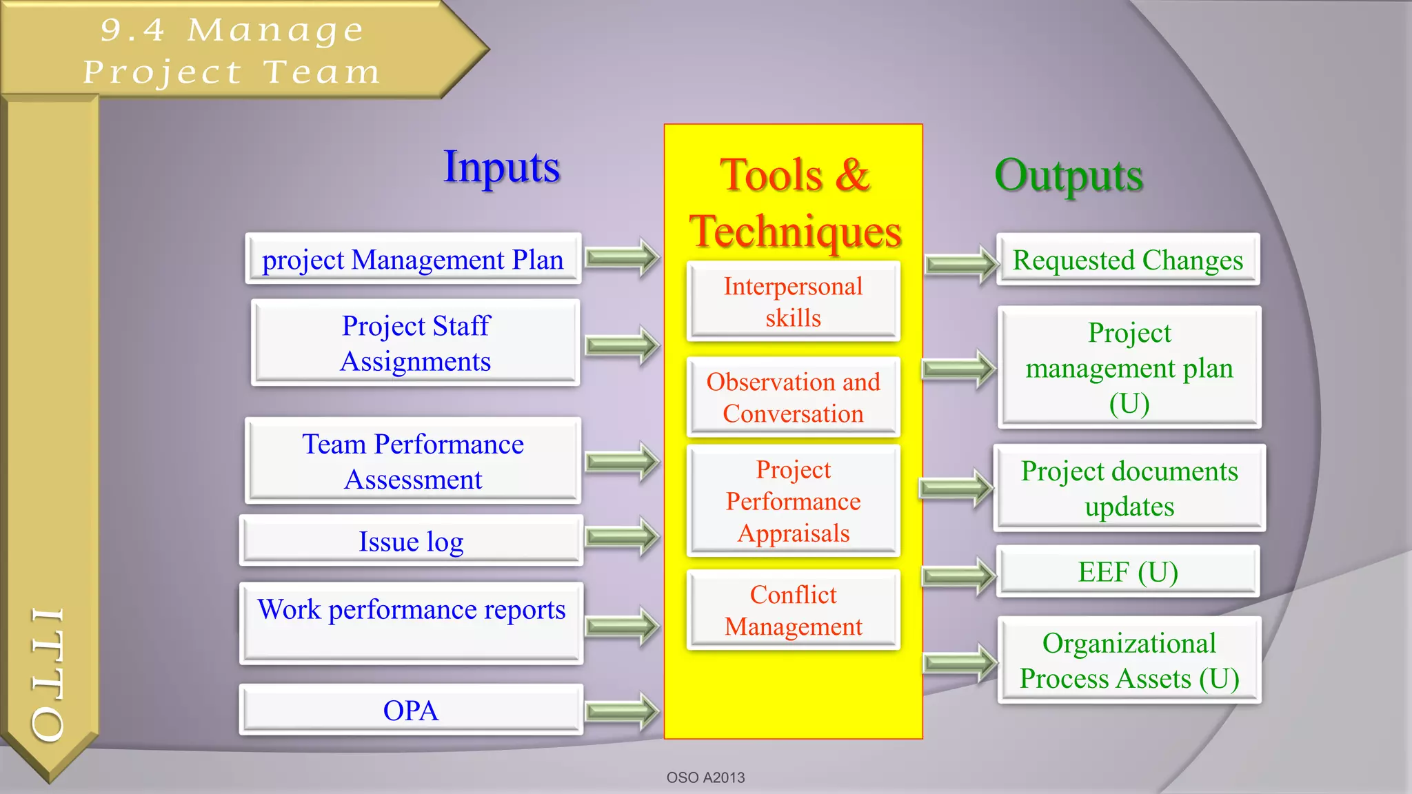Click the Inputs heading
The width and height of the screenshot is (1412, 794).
[x=501, y=167]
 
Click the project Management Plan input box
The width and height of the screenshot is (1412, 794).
[x=413, y=259]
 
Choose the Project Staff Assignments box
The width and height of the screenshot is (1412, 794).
[x=416, y=343]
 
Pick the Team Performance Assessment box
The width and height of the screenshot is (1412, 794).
[x=413, y=461]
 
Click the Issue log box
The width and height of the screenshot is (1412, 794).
[x=411, y=541]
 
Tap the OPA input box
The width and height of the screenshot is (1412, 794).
[x=411, y=710]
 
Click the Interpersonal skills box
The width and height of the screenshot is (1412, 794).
[x=793, y=302]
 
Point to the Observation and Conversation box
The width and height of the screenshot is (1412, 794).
[x=793, y=398]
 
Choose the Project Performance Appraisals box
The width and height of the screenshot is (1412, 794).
[x=793, y=501]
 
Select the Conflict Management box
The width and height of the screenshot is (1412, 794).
[x=793, y=611]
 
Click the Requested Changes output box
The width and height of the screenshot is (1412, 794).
[x=1127, y=260]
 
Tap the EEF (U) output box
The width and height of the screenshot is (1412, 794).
[x=1127, y=572]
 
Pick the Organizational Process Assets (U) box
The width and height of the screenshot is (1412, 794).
[x=1129, y=660]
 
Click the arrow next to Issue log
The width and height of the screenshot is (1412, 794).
[x=622, y=536]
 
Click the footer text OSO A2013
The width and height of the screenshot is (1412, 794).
[x=705, y=777]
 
